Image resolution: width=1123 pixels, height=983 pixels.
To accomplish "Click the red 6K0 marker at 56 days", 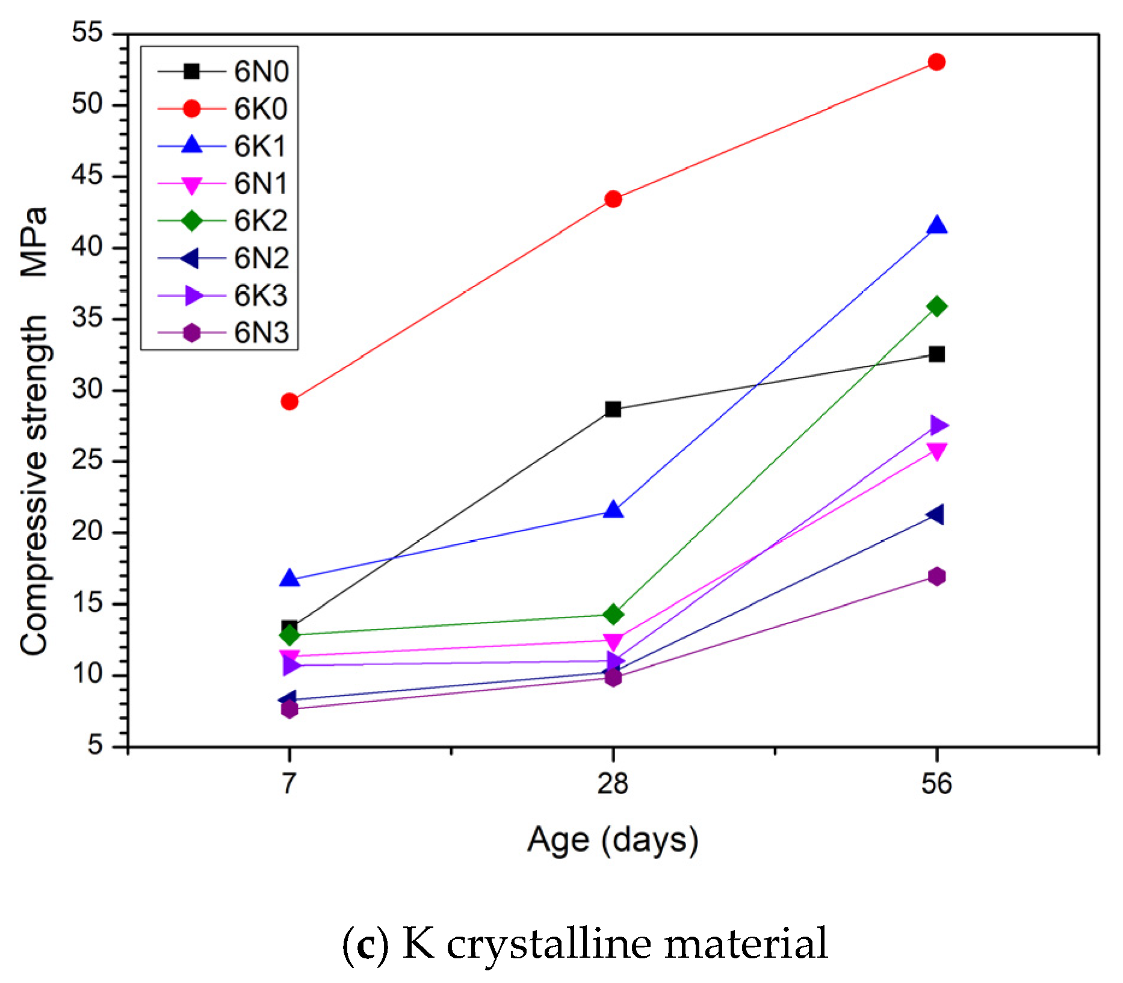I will click(x=936, y=62).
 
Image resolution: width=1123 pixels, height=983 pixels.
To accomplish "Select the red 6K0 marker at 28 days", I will click(x=613, y=199).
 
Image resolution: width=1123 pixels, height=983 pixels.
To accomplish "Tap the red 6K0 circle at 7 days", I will click(x=289, y=402).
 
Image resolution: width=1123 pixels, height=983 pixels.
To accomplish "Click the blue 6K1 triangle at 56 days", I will click(x=936, y=226).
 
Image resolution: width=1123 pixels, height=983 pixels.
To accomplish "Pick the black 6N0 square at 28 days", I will click(x=613, y=409).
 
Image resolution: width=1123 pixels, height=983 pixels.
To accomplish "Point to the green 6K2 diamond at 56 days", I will click(x=936, y=306).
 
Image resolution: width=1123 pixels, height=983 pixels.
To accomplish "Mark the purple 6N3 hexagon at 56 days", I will click(x=936, y=577).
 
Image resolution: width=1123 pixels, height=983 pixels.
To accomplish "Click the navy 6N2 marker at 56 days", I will click(x=935, y=515).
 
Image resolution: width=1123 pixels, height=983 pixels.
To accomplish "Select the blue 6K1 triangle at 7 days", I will click(x=289, y=578).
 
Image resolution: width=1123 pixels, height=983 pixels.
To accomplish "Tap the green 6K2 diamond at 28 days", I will click(x=613, y=615).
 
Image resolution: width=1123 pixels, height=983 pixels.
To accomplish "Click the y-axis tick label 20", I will click(x=87, y=532).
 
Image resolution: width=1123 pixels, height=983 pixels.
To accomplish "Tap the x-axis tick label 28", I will click(x=613, y=784).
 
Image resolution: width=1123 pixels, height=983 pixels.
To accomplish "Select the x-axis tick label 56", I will click(x=936, y=784).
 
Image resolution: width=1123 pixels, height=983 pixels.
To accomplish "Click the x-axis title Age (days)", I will click(x=613, y=840).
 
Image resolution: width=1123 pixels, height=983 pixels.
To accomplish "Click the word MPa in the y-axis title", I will click(x=34, y=242).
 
